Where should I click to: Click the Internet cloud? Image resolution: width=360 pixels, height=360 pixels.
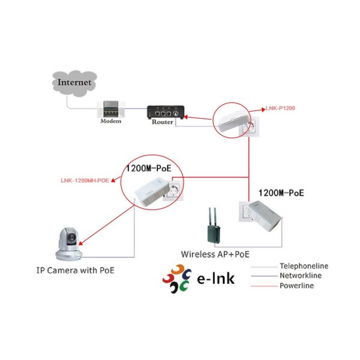(x=75, y=82)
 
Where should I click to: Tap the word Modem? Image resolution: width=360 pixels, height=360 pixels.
(x=110, y=121)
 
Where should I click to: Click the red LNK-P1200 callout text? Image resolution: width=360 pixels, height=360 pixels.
(x=281, y=108)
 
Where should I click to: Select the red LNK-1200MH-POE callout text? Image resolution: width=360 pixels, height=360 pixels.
(x=85, y=179)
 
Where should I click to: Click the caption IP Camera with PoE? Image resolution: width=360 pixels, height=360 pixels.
(x=74, y=271)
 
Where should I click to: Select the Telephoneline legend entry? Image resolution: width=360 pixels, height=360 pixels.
(x=304, y=266)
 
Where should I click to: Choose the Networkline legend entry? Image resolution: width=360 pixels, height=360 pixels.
(x=301, y=275)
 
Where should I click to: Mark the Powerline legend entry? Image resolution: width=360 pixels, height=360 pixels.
(x=296, y=286)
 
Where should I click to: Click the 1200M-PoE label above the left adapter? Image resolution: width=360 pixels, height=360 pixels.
(x=148, y=169)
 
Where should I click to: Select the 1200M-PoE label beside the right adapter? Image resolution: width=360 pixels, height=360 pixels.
(x=281, y=193)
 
